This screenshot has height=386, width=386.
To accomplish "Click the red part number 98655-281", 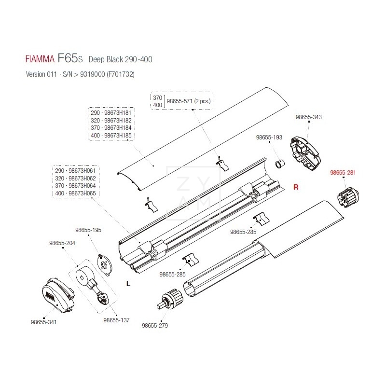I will pyautogui.click(x=343, y=173).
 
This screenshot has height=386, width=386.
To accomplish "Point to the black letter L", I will pyautogui.click(x=128, y=284).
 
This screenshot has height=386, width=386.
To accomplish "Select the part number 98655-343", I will pyautogui.click(x=308, y=117).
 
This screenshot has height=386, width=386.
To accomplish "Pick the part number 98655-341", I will pyautogui.click(x=43, y=322).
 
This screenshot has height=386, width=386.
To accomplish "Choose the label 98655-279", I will pyautogui.click(x=155, y=325).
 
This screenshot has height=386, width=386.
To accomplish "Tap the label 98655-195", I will pyautogui.click(x=88, y=230).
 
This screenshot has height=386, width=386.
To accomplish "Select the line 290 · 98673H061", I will pyautogui.click(x=76, y=171).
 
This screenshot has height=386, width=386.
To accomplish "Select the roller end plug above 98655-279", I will pyautogui.click(x=171, y=299).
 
